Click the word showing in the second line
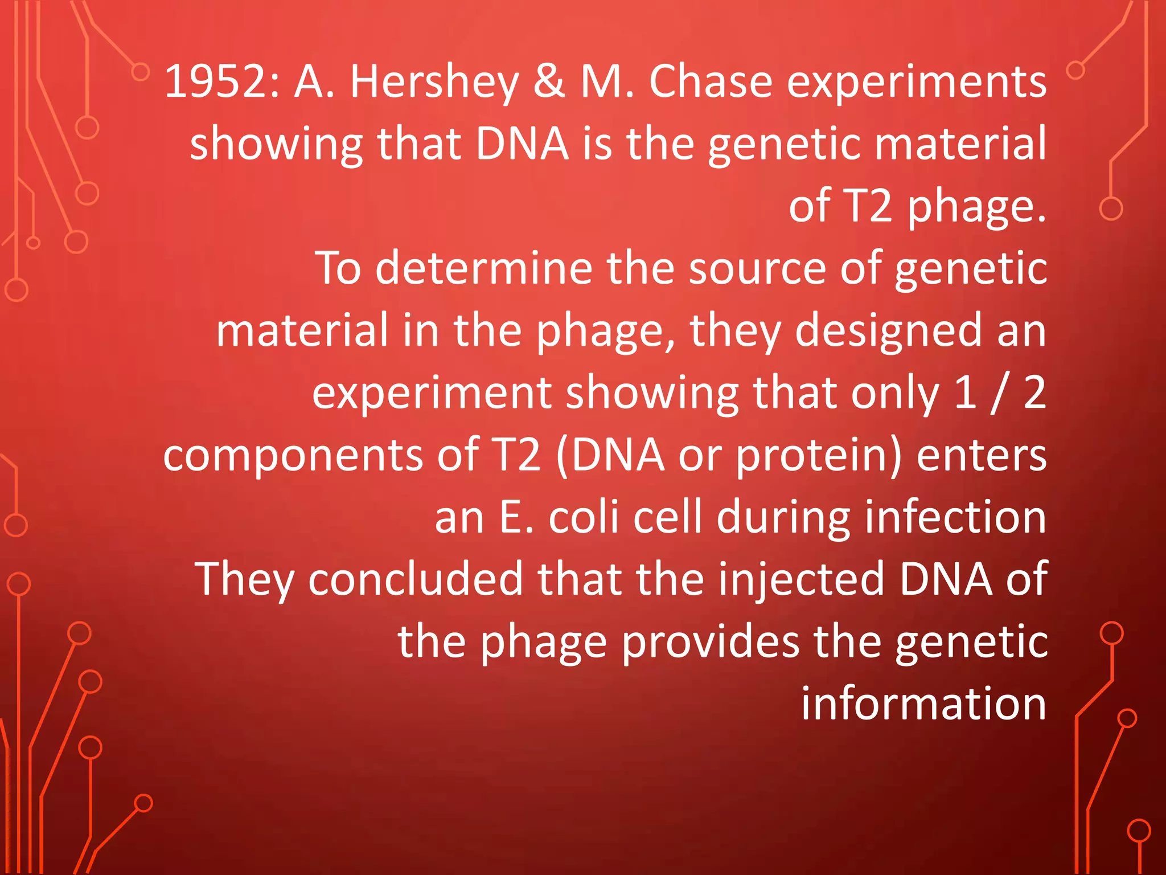(x=276, y=144)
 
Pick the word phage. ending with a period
(x=976, y=206)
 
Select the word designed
(x=888, y=330)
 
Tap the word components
(x=293, y=455)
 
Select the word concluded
(x=415, y=579)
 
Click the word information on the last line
(x=923, y=704)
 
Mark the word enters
(x=982, y=455)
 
